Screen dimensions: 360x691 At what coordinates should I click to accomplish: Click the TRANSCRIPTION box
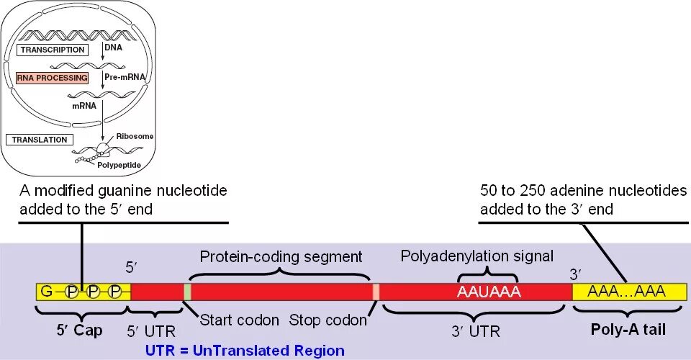click(x=53, y=50)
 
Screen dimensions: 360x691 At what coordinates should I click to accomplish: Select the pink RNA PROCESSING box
click(x=53, y=77)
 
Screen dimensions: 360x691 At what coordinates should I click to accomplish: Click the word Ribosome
click(x=138, y=136)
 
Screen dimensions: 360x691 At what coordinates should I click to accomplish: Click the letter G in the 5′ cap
click(x=47, y=292)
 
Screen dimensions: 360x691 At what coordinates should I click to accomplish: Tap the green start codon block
click(x=187, y=292)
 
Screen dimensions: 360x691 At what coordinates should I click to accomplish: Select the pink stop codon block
click(x=376, y=292)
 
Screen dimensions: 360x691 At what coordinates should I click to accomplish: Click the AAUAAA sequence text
click(x=489, y=292)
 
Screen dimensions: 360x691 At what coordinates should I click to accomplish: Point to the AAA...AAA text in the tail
click(x=625, y=291)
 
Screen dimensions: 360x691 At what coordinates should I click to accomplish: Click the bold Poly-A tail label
click(x=628, y=329)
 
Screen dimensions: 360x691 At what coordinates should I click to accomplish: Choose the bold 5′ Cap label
click(x=79, y=330)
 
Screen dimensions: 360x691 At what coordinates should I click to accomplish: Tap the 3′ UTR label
click(x=474, y=332)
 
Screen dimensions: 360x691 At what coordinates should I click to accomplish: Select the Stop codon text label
click(x=328, y=320)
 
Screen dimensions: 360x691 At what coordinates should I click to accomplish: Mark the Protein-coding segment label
click(x=281, y=256)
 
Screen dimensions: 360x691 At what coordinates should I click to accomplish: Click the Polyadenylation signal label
click(x=477, y=256)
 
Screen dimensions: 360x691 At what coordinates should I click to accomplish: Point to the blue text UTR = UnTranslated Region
click(x=245, y=351)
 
